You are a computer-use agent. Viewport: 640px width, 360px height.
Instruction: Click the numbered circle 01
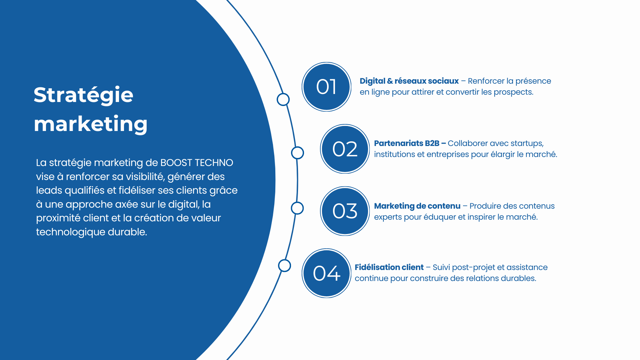point(326,87)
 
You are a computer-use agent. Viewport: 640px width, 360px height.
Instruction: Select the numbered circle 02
point(345,149)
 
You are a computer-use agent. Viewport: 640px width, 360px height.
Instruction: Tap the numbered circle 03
point(345,211)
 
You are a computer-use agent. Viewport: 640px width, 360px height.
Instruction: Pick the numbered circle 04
point(326,273)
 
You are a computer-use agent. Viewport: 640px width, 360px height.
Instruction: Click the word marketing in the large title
point(91,124)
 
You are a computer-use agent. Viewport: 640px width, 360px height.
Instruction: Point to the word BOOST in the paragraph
point(176,163)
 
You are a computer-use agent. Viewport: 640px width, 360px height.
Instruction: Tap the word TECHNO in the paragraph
point(214,163)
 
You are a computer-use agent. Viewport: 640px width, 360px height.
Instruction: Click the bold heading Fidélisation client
point(389,267)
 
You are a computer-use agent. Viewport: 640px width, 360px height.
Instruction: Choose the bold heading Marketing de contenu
point(417,206)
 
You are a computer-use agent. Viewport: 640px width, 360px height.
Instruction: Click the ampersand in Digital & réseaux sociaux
point(390,81)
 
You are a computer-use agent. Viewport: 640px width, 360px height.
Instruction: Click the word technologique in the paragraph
point(71,232)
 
